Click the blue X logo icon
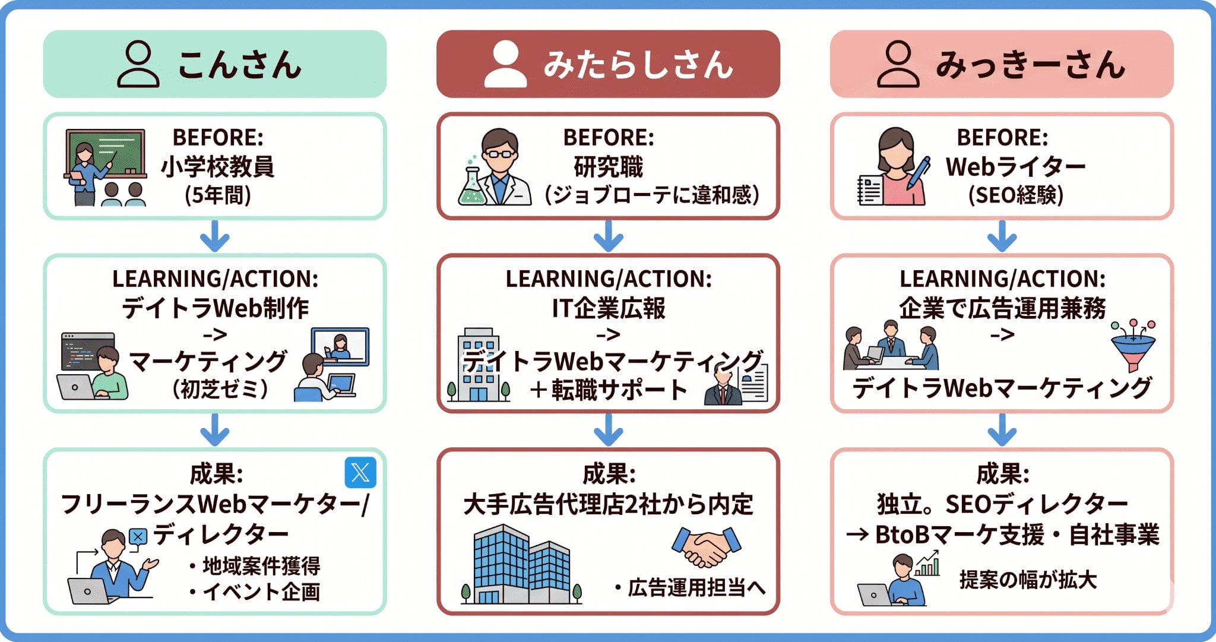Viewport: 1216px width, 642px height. point(360,473)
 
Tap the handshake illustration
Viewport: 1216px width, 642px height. point(707,546)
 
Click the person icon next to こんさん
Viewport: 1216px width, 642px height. point(138,64)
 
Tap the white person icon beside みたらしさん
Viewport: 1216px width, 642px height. point(505,64)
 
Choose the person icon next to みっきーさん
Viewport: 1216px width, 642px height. point(898,64)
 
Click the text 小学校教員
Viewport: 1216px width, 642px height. point(217,167)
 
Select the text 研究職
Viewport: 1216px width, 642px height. point(608,167)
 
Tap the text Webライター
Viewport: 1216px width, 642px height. point(1015,167)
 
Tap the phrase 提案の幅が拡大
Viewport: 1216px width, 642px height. point(1028,580)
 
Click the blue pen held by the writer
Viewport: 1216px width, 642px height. point(917,172)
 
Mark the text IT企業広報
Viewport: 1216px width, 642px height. point(608,308)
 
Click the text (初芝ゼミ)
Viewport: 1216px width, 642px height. point(220,389)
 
